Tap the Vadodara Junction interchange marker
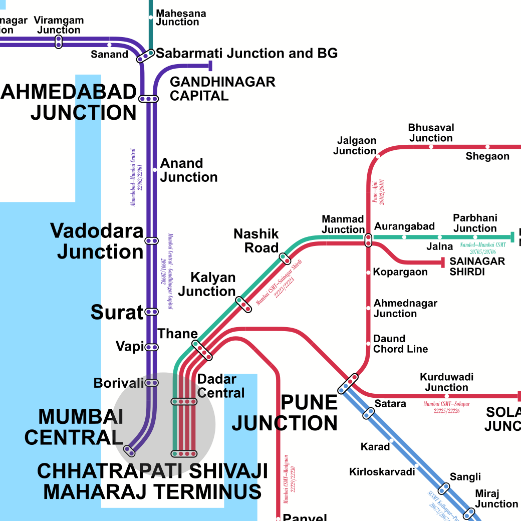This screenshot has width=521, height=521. point(151,241)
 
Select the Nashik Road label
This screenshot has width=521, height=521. point(256,241)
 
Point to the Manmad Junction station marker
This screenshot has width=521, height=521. point(368,240)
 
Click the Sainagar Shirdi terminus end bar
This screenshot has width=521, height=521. point(443,262)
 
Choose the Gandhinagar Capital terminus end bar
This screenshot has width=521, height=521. point(211,66)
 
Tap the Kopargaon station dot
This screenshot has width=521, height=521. point(368,273)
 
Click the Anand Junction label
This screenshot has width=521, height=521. point(189,170)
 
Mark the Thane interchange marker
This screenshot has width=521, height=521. point(202,350)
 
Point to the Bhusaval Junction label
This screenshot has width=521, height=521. point(431,133)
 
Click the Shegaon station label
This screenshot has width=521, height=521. point(487,156)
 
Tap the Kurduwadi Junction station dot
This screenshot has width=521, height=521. point(447,396)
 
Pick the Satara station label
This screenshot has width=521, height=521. point(390,403)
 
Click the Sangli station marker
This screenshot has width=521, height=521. point(444,488)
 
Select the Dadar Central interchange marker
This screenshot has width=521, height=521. point(184,401)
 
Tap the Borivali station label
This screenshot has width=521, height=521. point(119,383)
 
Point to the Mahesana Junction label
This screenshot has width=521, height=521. point(181,18)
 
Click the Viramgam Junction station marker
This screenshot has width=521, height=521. point(59,42)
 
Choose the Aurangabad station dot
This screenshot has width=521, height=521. point(404,237)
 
